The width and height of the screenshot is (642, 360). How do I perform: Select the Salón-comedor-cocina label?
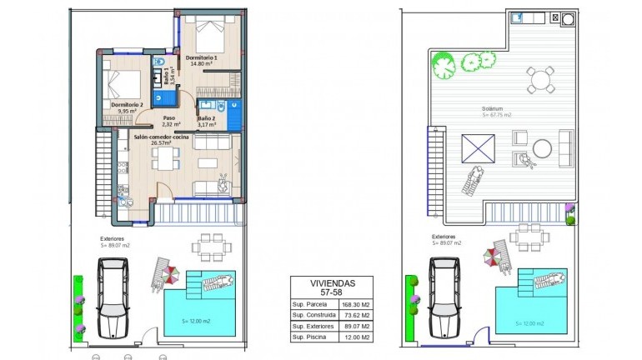coord(160,137)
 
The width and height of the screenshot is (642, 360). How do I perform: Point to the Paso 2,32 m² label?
coord(171,121)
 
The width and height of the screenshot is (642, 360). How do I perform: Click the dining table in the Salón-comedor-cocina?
coord(167,156)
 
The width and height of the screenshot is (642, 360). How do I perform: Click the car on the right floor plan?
coord(444,297)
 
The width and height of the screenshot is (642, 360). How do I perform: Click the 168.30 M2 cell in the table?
coord(355,305)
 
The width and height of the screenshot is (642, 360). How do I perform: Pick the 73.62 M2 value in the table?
coord(355,316)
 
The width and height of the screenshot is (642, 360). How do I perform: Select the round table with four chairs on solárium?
coord(541,81)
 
